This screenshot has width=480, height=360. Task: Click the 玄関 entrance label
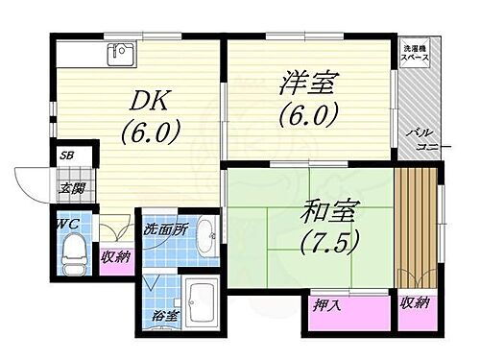[73, 188]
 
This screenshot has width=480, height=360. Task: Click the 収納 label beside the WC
[116, 256]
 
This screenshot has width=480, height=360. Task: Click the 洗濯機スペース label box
[415, 53]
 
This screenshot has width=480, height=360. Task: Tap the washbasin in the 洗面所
[204, 245]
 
